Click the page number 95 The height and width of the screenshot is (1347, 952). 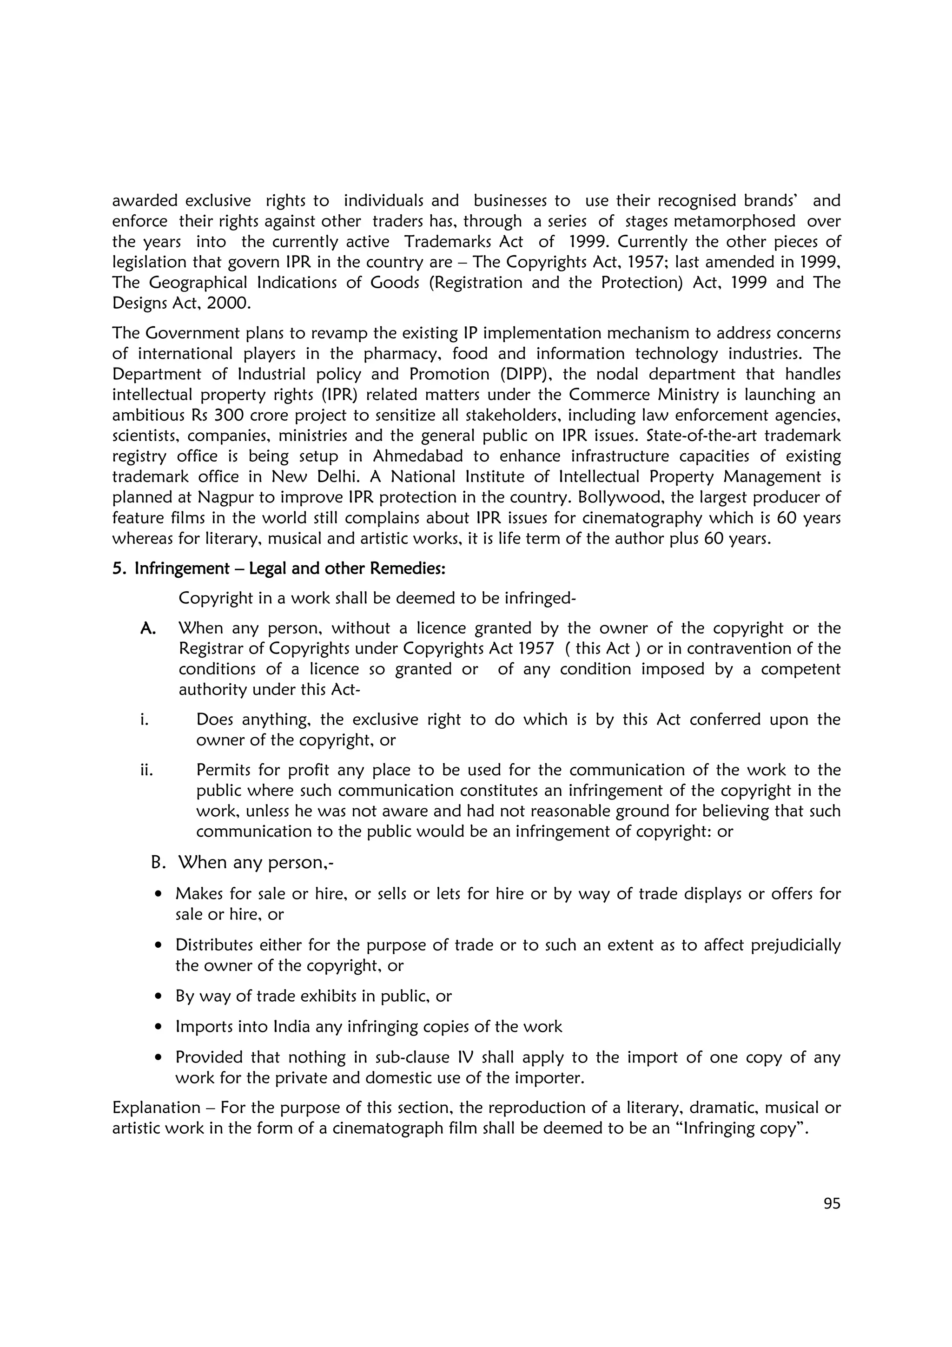click(832, 1203)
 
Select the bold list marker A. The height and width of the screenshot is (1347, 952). click(148, 628)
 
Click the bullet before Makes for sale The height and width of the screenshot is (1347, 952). click(159, 895)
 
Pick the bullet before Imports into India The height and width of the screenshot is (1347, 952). click(159, 1027)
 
